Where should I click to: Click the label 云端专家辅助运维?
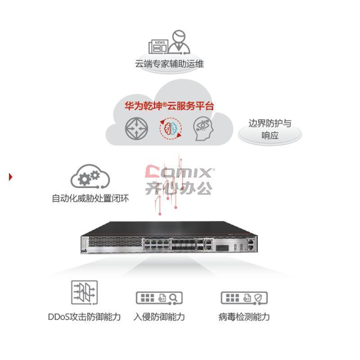click(x=169, y=64)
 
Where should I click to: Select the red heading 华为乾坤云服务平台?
click(x=169, y=106)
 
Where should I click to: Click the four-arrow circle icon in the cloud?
click(x=136, y=128)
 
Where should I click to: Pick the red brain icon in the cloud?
click(x=171, y=128)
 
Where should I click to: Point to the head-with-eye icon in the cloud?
click(x=204, y=128)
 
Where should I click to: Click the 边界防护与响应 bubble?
click(x=270, y=130)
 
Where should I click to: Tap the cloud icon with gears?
click(x=90, y=177)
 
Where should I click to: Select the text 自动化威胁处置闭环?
click(x=90, y=198)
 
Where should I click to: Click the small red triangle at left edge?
click(x=10, y=176)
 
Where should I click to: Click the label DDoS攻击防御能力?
click(x=84, y=317)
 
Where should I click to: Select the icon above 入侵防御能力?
click(x=159, y=298)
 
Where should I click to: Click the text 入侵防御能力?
click(x=159, y=317)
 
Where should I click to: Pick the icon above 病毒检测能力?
click(x=244, y=298)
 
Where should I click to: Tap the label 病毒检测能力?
click(x=244, y=317)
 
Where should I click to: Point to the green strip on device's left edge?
click(x=83, y=246)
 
